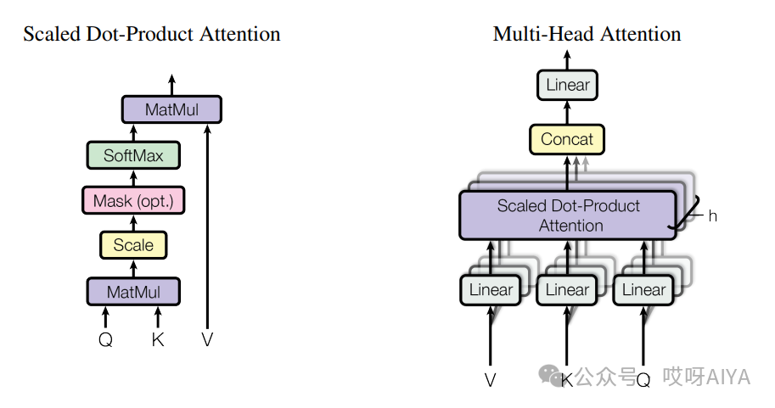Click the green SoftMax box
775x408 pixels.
pyautogui.click(x=133, y=155)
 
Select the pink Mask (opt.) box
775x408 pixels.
pyautogui.click(x=133, y=201)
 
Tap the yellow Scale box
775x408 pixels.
pyautogui.click(x=133, y=245)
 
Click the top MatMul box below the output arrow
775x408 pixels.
pyautogui.click(x=171, y=109)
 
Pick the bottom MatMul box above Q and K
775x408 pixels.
pyautogui.click(x=133, y=292)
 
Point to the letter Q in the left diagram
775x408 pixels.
pyautogui.click(x=105, y=340)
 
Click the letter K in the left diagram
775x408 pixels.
pyautogui.click(x=157, y=340)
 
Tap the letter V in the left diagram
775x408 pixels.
pyautogui.click(x=207, y=340)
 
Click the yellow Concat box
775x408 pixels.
pyautogui.click(x=567, y=139)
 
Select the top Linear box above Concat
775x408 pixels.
pyautogui.click(x=567, y=85)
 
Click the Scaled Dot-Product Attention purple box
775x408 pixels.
pyautogui.click(x=568, y=215)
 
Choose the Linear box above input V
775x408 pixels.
pyautogui.click(x=491, y=290)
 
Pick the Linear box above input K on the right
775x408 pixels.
pyautogui.click(x=567, y=290)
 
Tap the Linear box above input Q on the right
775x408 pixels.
pyautogui.click(x=643, y=290)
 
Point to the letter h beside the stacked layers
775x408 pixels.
pyautogui.click(x=713, y=216)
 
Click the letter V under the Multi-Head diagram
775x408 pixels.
pyautogui.click(x=490, y=380)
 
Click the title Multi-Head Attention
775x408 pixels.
pyautogui.click(x=587, y=35)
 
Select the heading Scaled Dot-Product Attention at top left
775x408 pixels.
pyautogui.click(x=151, y=35)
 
